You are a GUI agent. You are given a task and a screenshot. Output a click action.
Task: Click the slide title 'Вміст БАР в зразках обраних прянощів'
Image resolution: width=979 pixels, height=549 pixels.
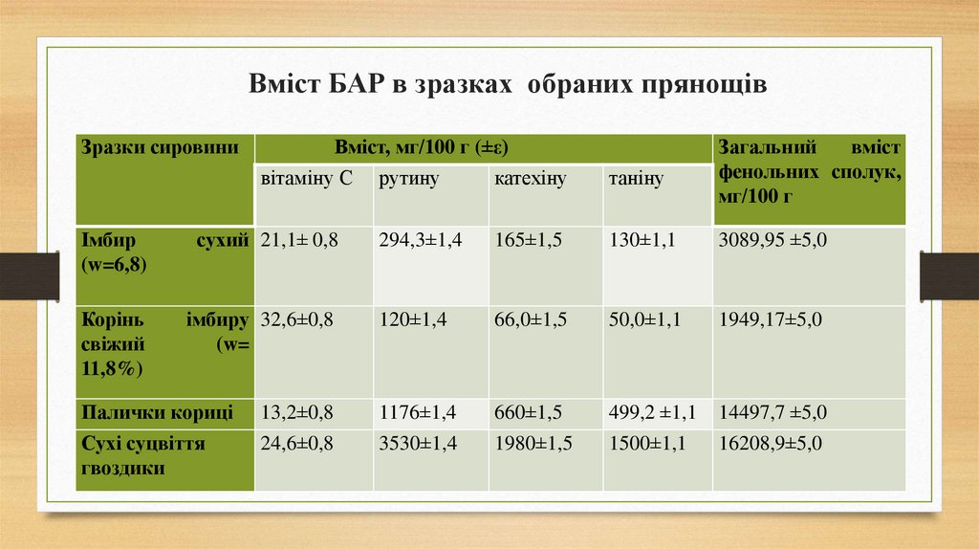pyautogui.click(x=508, y=85)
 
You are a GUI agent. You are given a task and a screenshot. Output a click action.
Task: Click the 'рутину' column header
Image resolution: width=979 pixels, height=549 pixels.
pyautogui.click(x=408, y=179)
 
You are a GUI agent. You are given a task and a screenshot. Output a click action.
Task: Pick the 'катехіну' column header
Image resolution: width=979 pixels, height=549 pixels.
pyautogui.click(x=531, y=179)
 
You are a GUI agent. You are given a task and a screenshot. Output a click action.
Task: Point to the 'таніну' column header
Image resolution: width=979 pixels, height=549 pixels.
pyautogui.click(x=636, y=179)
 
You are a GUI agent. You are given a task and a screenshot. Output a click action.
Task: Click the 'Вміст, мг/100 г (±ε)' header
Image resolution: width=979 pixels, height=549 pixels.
pyautogui.click(x=421, y=148)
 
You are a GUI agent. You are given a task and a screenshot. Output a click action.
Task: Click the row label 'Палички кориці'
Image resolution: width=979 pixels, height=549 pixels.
pyautogui.click(x=157, y=413)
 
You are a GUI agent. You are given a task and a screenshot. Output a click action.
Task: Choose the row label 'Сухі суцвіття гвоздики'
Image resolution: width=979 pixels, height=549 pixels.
pyautogui.click(x=143, y=456)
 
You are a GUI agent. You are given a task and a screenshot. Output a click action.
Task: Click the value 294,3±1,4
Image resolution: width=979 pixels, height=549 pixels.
pyautogui.click(x=420, y=241)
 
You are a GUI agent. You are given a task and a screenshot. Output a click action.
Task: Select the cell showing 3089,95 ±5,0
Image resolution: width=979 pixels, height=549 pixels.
pyautogui.click(x=772, y=241)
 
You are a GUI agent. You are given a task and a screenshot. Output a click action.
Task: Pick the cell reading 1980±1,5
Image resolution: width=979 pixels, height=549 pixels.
pyautogui.click(x=533, y=445)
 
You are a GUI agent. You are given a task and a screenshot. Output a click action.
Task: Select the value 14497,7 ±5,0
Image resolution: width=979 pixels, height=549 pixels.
pyautogui.click(x=772, y=413)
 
